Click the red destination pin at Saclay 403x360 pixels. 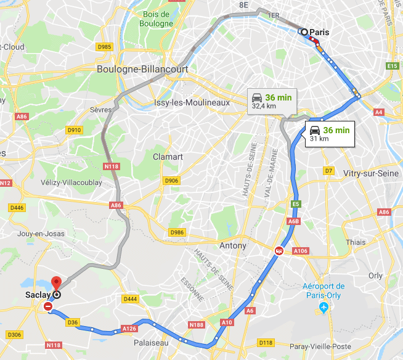[x=57, y=283]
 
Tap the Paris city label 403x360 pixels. [x=319, y=32]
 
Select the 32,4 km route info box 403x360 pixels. [x=271, y=100]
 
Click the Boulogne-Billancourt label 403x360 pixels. [x=142, y=70]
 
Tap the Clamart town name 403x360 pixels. [x=168, y=157]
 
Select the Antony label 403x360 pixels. [x=233, y=245]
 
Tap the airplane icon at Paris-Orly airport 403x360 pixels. [x=324, y=307]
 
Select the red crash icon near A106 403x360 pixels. [x=279, y=251]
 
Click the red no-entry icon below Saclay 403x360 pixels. [x=48, y=306]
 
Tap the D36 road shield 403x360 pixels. [x=72, y=322]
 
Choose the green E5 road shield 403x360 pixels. [x=296, y=203]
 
